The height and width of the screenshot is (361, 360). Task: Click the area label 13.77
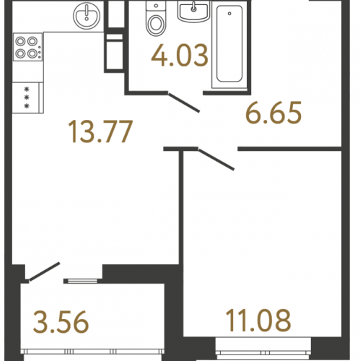(100, 131)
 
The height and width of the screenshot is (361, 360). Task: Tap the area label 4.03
(180, 56)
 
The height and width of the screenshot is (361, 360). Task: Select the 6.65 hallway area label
(273, 113)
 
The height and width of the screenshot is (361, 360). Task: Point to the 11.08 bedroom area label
(258, 320)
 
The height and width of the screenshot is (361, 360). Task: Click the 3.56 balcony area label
(61, 322)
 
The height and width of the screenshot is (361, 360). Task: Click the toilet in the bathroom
(156, 19)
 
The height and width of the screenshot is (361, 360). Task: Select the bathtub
(229, 45)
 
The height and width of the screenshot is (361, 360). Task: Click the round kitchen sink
(87, 16)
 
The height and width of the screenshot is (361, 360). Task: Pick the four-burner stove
(28, 47)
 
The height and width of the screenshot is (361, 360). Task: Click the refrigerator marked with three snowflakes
(27, 97)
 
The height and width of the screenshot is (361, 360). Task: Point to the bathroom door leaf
(184, 102)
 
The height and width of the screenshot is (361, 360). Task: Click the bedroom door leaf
(216, 160)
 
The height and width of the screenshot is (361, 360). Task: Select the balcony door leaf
(44, 271)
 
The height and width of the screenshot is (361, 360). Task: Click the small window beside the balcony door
(82, 281)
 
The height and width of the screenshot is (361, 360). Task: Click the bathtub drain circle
(229, 14)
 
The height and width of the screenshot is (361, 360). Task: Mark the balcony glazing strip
(92, 352)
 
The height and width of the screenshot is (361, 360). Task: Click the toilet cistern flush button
(156, 6)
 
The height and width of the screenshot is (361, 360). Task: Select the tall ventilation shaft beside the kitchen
(115, 53)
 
